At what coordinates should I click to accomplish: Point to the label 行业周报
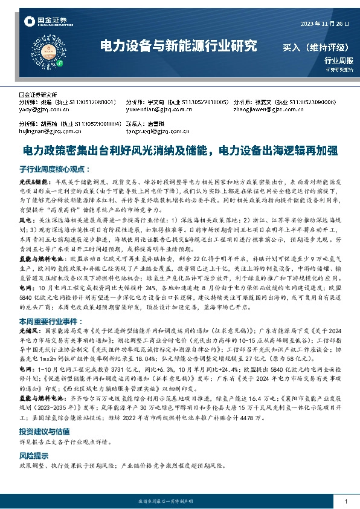click(x=338, y=60)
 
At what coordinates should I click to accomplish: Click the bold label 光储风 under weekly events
click(x=28, y=333)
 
